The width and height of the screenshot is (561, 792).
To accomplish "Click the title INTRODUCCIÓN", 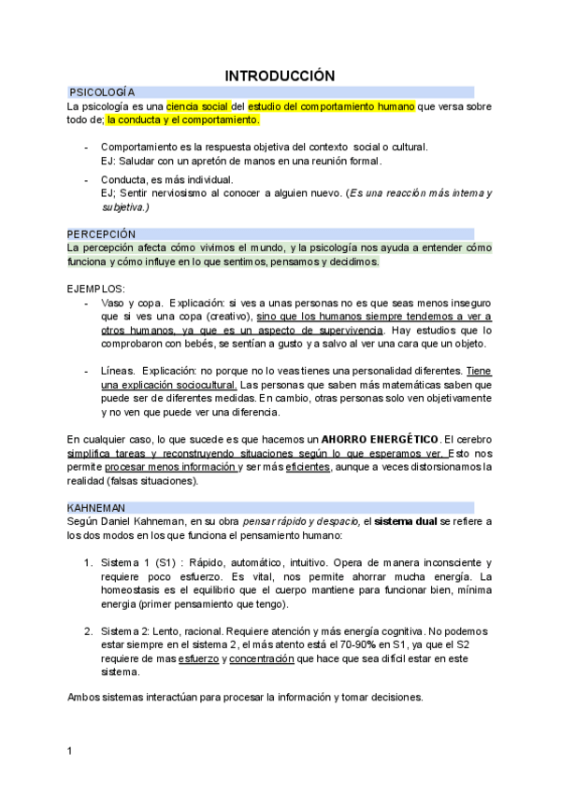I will coord(280,75).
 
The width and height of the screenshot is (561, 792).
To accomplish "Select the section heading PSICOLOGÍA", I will coord(102,92).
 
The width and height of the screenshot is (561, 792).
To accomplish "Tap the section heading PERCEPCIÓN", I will coord(101,233).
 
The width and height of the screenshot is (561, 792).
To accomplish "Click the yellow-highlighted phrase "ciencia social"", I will coord(197,106).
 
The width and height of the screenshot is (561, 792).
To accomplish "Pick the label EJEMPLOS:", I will coord(96,289).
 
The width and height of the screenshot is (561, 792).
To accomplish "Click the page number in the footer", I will coord(70,751).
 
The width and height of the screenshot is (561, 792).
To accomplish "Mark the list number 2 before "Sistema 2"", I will coord(88,631).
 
